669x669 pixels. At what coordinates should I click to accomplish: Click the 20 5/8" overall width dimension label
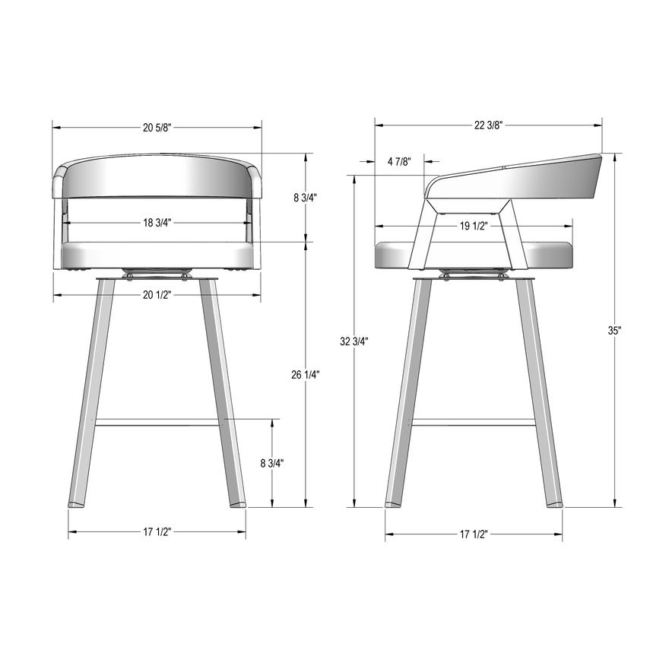tap(157, 127)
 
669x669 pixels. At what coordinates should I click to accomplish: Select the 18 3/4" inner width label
tap(157, 223)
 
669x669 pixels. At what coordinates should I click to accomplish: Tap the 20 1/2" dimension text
tap(157, 294)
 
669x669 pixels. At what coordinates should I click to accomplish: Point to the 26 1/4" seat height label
tap(306, 374)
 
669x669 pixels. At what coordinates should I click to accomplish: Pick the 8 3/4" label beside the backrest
tap(305, 198)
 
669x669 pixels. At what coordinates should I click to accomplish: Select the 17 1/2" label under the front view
tap(157, 531)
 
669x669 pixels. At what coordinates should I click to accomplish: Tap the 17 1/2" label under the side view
tap(474, 534)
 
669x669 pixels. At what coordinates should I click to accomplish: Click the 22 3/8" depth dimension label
tap(487, 125)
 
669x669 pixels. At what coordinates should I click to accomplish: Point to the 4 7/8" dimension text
tap(399, 161)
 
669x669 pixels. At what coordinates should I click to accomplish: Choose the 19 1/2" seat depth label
tap(474, 225)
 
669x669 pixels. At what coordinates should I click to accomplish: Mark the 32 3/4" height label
tap(354, 341)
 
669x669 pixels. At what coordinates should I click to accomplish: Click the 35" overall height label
tap(614, 331)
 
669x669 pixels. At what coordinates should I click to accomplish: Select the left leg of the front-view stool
tap(91, 395)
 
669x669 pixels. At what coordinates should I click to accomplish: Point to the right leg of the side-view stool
tap(540, 395)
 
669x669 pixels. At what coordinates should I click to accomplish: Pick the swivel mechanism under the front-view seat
tap(157, 273)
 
